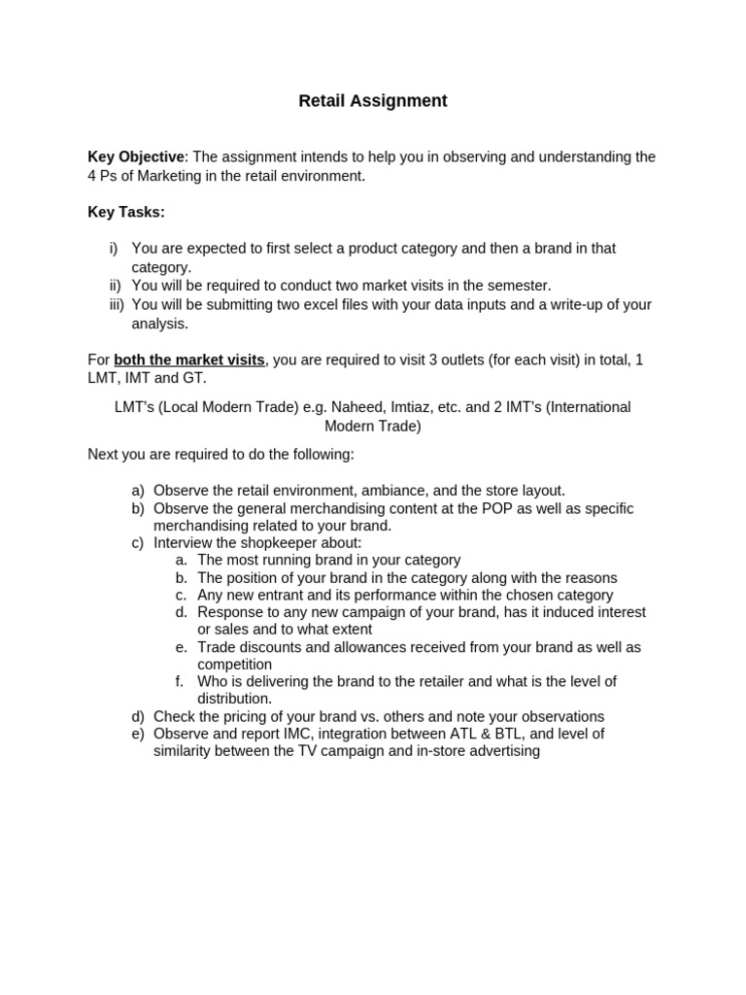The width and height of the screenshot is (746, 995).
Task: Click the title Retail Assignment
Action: [x=373, y=101]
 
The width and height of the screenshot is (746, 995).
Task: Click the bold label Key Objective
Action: [x=135, y=156]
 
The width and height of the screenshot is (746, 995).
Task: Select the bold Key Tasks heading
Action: [x=126, y=212]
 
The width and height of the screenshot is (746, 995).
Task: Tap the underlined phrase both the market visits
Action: [x=189, y=360]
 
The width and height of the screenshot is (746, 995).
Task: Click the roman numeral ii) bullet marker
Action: [x=116, y=286]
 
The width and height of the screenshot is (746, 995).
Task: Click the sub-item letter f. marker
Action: [x=182, y=681]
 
